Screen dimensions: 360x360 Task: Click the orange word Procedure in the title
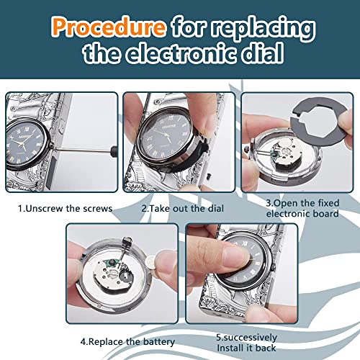[109, 27]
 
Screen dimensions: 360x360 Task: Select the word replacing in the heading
[264, 28]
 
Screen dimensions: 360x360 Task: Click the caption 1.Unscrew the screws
[66, 208]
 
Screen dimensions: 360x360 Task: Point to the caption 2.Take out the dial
[183, 208]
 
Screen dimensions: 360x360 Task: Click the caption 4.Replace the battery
[127, 341]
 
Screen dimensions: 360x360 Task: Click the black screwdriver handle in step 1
[114, 151]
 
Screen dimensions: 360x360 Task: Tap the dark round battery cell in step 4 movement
[126, 277]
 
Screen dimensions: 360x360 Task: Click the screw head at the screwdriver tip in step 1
[52, 145]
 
